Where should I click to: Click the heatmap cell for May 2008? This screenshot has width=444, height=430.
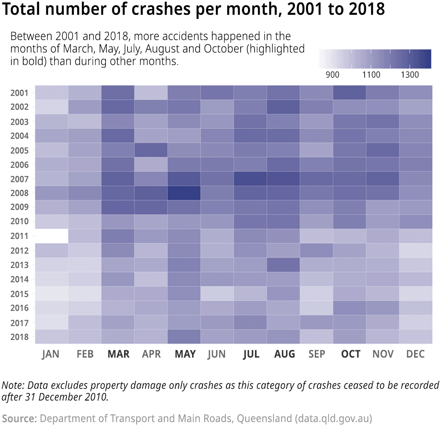184,193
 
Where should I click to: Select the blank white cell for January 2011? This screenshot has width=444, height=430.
52,236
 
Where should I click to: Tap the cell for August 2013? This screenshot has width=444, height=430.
283,264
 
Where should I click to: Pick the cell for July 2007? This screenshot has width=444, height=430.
250,179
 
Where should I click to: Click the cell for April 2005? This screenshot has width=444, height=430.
151,150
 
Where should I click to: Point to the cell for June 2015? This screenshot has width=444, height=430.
217,293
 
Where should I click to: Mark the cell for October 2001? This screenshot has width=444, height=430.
349,93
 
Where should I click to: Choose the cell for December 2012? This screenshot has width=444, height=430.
415,250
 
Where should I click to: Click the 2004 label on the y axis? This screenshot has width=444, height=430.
20,136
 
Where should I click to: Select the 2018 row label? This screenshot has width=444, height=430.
20,337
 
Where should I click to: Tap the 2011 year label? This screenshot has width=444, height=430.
20,236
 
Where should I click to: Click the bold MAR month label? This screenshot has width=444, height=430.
118,354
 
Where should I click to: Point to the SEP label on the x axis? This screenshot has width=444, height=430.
317,354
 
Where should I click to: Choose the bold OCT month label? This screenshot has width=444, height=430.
350,354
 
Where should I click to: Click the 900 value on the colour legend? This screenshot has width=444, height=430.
332,75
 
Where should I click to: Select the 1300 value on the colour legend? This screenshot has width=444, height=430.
410,75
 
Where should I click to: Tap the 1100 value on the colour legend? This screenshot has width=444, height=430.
371,75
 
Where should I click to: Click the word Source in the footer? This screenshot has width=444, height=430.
19,419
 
